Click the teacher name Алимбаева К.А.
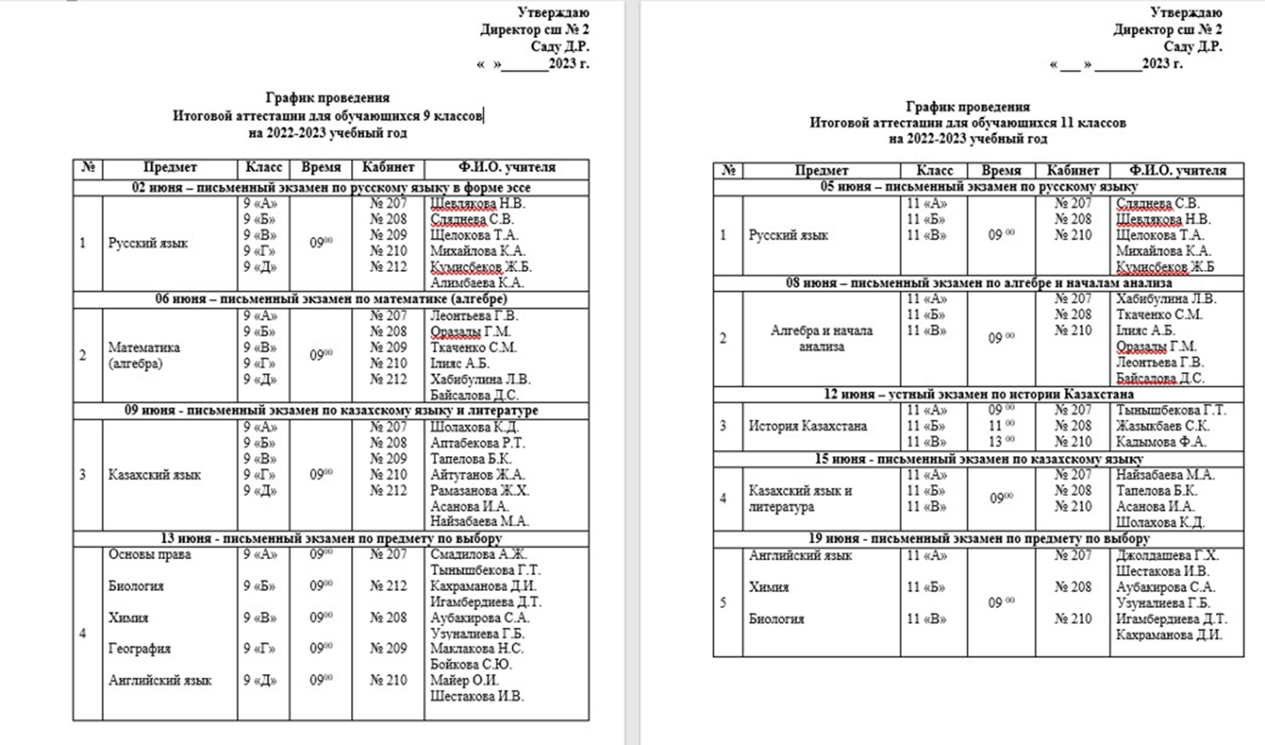coord(476,283)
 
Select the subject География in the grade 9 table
coord(139,648)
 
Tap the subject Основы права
coord(149,555)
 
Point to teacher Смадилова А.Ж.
coord(479,555)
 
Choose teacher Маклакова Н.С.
coord(476,648)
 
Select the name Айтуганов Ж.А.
coord(477,475)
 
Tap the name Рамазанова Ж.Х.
coord(480,490)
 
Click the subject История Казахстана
coord(807,427)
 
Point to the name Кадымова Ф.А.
coord(1161,442)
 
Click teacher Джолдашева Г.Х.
coord(1167,556)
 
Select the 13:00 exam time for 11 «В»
coord(1001,441)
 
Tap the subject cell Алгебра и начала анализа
coord(821,339)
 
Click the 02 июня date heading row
coord(331,188)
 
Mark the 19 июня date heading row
coord(979,539)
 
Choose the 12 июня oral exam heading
coord(979,395)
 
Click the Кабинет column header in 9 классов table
coord(388,167)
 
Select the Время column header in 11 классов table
coord(1001,170)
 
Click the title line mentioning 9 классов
coord(328,116)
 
